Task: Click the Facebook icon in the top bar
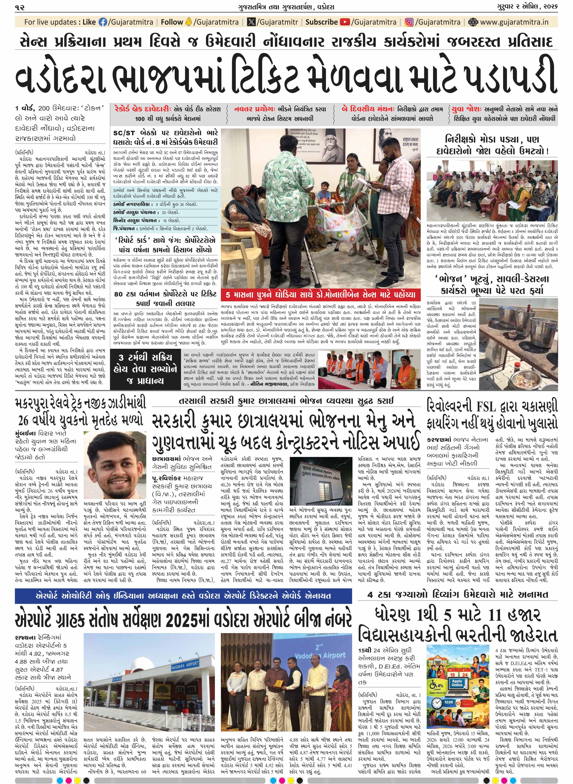click(x=103, y=22)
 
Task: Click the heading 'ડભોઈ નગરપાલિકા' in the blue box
click(x=133, y=204)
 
